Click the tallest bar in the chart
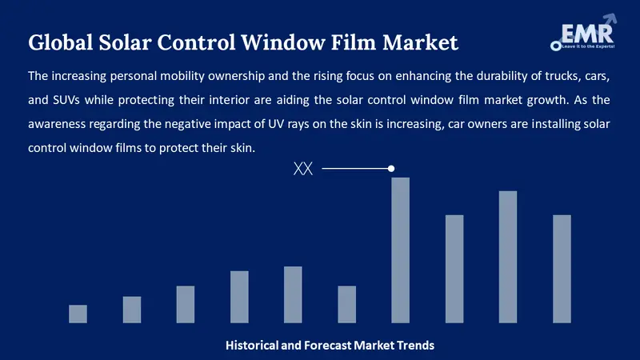coord(400,250)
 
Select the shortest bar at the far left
coord(78,314)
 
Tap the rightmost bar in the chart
coord(562,269)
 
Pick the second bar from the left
coord(131,310)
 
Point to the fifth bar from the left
coord(293,294)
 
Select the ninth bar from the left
coord(508,257)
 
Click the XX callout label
coord(303,169)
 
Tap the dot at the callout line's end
coord(391,169)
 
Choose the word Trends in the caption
coord(414,346)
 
